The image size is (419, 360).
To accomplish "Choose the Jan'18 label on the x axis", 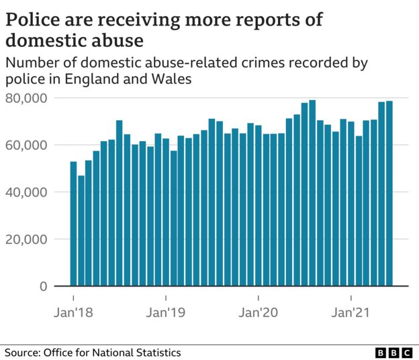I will pos(73,312).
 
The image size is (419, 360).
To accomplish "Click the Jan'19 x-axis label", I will pos(166,312).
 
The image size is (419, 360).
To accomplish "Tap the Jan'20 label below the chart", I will pos(259,312).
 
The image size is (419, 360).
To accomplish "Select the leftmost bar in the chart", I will pos(73,224).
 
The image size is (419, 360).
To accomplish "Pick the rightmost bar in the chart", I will pos(389,193).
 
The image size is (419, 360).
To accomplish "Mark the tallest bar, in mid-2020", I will pos(312,193).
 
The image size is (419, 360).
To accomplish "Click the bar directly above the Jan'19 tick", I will pos(166,212).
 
